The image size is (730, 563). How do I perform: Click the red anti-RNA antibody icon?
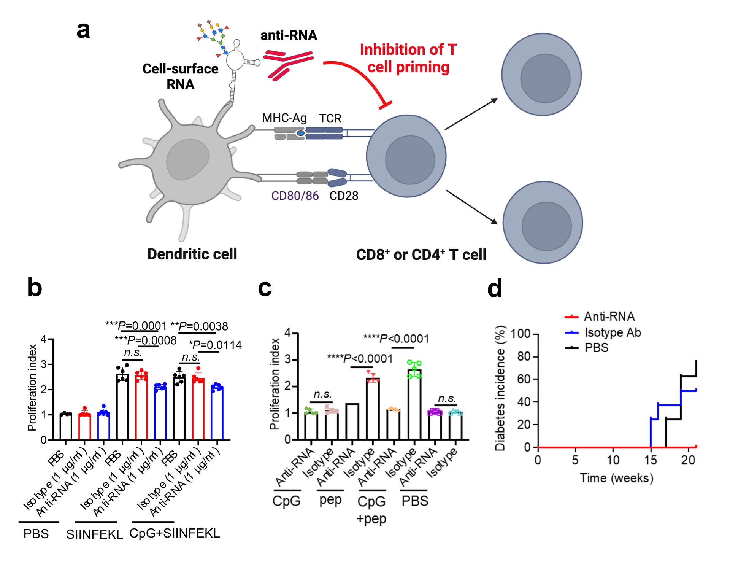[288, 64]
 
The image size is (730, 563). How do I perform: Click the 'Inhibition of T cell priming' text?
[408, 58]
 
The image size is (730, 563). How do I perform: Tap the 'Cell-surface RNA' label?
[180, 76]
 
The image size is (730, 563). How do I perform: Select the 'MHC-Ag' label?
[284, 118]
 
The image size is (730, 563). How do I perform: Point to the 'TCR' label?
[330, 118]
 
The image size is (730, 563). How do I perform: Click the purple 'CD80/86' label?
[295, 196]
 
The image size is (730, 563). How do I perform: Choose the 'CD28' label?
[344, 196]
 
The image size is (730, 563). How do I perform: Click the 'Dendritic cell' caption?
[192, 254]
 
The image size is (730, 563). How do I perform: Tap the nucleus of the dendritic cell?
[188, 159]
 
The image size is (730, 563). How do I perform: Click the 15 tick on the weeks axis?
[651, 460]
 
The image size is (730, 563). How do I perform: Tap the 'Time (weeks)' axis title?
[616, 478]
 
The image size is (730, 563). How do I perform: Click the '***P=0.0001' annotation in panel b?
[136, 326]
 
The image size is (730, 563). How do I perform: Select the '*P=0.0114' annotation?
[215, 345]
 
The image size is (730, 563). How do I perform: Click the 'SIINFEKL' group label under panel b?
[95, 534]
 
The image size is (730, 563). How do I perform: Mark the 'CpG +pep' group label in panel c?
[371, 510]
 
